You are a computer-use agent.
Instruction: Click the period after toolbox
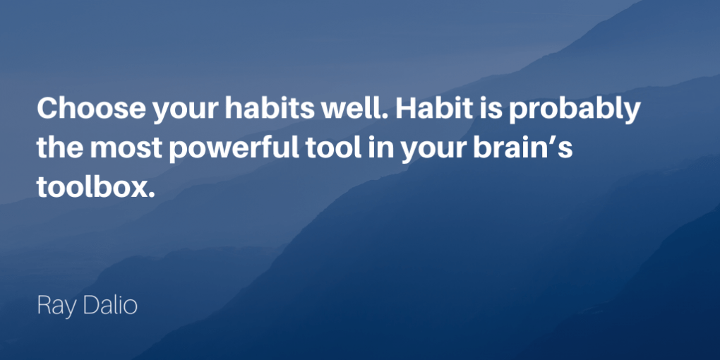pyautogui.click(x=149, y=196)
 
